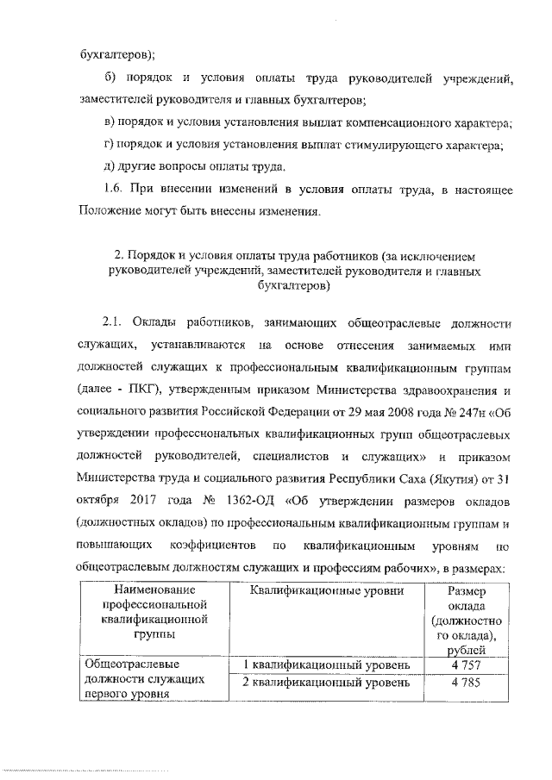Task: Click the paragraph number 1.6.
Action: point(113,188)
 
